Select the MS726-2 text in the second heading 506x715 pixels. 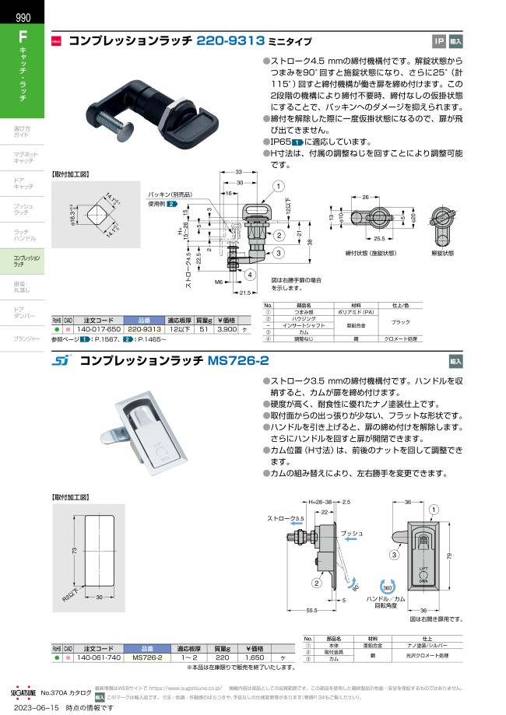tap(238, 360)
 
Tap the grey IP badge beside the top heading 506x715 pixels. tap(438, 41)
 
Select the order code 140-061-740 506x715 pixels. tap(97, 657)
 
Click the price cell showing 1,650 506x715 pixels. tap(253, 657)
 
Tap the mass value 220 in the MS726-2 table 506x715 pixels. tap(221, 657)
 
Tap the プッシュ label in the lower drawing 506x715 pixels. tap(353, 534)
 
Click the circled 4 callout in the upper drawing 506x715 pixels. tap(250, 275)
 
